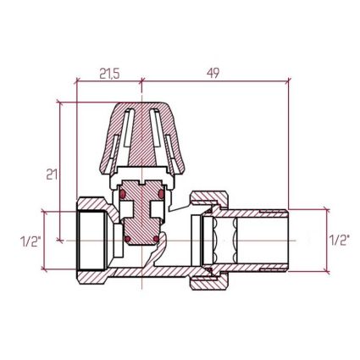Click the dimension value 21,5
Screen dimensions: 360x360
[109, 74]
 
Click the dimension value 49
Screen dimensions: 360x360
[213, 74]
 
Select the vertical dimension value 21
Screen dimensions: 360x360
[52, 174]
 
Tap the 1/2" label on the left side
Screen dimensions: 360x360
[31, 241]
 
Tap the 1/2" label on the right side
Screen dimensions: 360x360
[340, 240]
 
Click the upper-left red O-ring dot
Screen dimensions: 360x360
[123, 194]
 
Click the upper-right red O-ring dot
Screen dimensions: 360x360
[161, 194]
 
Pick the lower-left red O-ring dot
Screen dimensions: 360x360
[128, 239]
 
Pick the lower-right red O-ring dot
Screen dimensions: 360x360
[156, 239]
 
